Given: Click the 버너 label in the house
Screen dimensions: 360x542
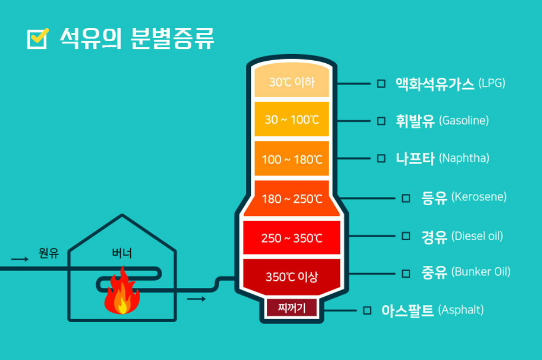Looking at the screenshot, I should (122, 253).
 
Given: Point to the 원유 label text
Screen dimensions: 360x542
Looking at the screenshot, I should (49, 253).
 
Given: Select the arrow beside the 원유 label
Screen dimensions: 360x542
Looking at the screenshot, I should (20, 259).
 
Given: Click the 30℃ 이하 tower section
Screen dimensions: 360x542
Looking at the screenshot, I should (292, 82).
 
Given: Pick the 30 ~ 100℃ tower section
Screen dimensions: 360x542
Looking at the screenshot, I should (292, 120).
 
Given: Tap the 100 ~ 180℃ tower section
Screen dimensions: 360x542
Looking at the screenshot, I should (292, 159).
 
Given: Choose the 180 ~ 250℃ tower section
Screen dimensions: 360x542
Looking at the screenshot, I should (292, 199).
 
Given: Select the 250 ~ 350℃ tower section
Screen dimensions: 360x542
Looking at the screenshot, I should (292, 238).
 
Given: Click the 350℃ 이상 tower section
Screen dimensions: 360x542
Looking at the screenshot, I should (292, 277).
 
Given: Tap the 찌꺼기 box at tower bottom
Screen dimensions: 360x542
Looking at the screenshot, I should (292, 308).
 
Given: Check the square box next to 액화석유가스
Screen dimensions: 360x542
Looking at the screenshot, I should (381, 83).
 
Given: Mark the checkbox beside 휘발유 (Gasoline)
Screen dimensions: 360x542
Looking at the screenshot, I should (381, 121).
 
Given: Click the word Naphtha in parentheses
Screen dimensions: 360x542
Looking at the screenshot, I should (464, 158).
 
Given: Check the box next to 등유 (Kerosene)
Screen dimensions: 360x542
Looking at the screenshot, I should (406, 197).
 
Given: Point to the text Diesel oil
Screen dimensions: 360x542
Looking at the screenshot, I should (477, 237).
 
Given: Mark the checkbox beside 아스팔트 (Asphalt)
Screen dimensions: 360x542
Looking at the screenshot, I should (367, 310).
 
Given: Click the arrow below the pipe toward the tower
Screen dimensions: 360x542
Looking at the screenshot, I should (196, 298).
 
